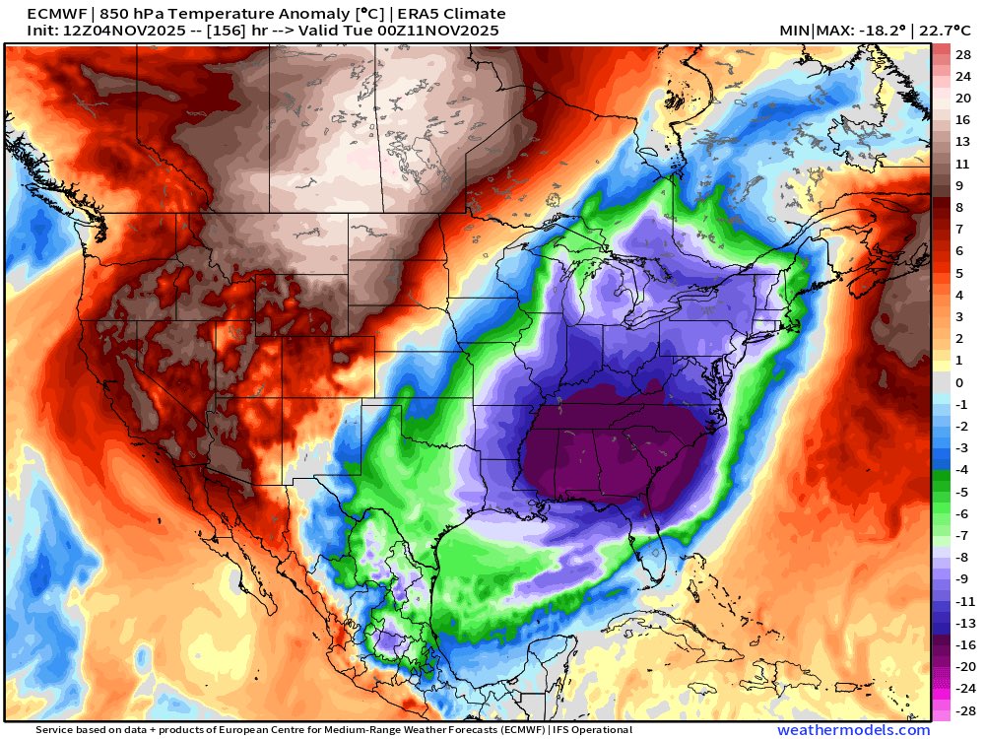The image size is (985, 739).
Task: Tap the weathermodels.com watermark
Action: [x=853, y=730]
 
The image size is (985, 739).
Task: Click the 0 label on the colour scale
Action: [x=958, y=382]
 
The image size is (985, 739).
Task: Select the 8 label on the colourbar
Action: [x=958, y=207]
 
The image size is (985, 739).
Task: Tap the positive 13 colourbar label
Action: [x=962, y=141]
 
